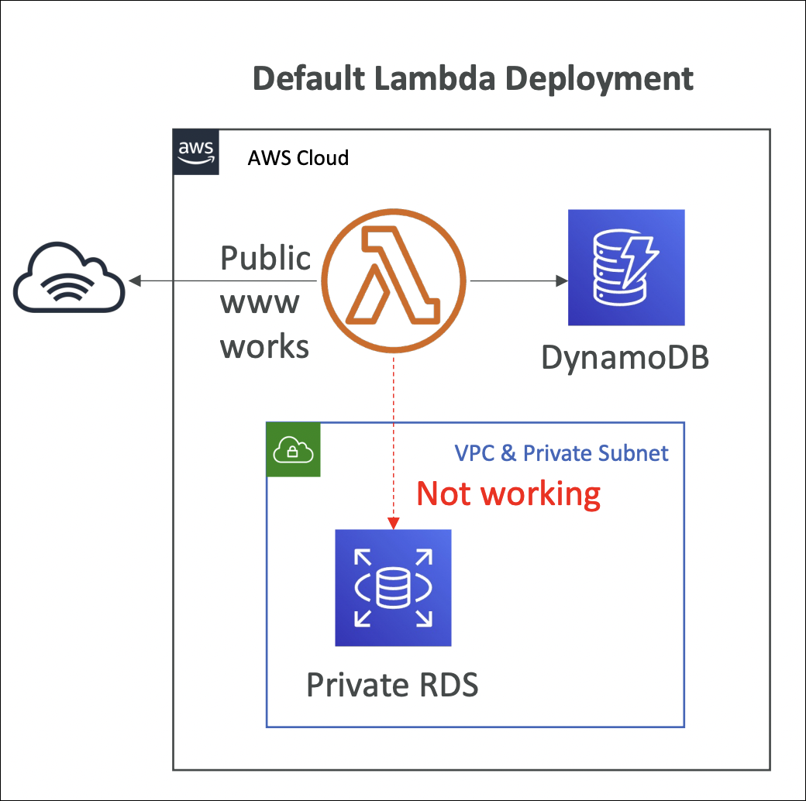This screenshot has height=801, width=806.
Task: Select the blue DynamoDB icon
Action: coord(626,267)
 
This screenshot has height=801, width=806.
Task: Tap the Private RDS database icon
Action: coord(393,588)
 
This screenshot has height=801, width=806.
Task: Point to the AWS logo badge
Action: coord(196,152)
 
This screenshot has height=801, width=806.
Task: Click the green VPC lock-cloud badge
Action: coord(294,449)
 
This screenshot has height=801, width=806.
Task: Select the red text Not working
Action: coord(508,493)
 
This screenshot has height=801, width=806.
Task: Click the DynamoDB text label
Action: coord(625,358)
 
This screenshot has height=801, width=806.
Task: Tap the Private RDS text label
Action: coord(392,685)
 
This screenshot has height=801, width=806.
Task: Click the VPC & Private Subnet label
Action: coord(561,453)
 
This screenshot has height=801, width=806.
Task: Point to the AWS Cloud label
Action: coord(298,158)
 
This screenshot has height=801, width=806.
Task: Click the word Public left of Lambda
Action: coord(266,258)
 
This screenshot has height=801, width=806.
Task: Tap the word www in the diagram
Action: coord(260,302)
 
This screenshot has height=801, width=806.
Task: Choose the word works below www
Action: coord(265,346)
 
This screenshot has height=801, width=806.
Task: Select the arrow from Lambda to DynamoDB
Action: coord(516,280)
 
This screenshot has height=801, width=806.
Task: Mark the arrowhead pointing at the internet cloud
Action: coord(134,280)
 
